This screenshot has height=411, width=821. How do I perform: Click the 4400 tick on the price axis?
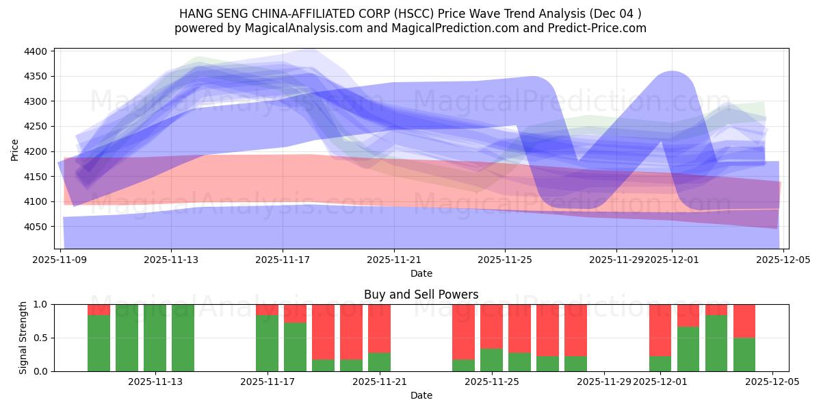[x=35, y=51]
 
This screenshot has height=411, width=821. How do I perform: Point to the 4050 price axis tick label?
[x=35, y=227]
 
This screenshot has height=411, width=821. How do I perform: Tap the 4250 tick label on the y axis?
[x=35, y=127]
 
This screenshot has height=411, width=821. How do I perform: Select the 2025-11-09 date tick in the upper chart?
[x=60, y=260]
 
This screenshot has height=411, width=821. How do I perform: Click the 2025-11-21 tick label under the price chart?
[x=393, y=260]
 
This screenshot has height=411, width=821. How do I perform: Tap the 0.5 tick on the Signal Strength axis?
[x=40, y=338]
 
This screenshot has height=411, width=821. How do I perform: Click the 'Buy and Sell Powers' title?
[x=421, y=295]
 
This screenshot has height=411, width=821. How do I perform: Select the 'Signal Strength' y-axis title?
[x=23, y=338]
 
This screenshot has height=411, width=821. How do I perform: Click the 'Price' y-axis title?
[x=15, y=149]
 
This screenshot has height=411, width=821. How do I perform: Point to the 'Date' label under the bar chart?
[x=421, y=395]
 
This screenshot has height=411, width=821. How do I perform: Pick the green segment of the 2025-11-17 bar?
[x=267, y=342]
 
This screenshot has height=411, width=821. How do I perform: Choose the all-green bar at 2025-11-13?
[x=155, y=338]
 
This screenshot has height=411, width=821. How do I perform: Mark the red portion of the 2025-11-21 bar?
[x=379, y=327]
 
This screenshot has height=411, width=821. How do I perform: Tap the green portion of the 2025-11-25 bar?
[x=491, y=360]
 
